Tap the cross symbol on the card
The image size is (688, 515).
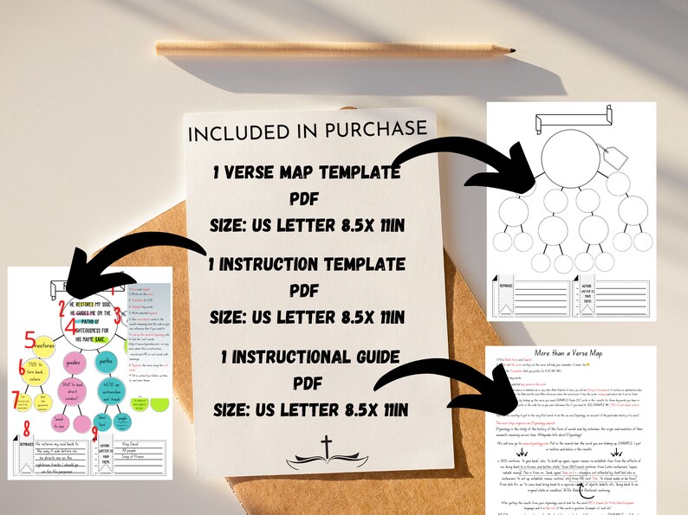[x=326, y=447]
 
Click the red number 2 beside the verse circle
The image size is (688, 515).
[x=62, y=305]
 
